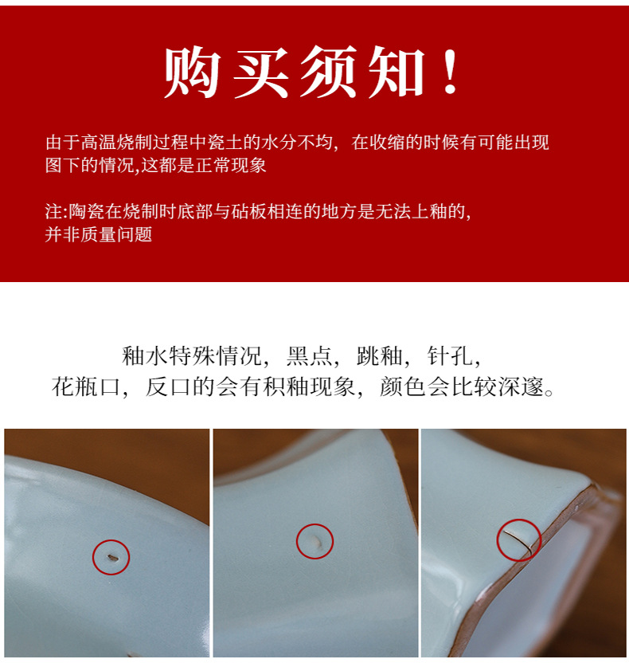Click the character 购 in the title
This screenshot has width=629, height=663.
click(192, 73)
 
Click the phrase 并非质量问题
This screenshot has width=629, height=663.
click(99, 234)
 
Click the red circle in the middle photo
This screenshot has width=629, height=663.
click(314, 542)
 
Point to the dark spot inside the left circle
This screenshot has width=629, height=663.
click(110, 555)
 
